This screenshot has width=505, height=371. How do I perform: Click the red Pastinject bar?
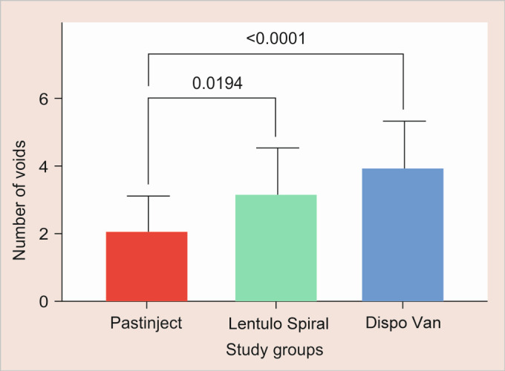146,266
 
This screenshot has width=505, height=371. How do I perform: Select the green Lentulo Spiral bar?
276,248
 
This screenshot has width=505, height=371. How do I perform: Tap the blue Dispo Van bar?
403,235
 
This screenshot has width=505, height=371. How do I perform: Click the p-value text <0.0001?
276,39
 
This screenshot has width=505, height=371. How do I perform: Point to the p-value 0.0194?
218,83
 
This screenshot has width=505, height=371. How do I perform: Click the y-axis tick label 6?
44,99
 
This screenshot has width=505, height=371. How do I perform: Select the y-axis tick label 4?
44,166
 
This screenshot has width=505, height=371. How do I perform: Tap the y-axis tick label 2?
44,234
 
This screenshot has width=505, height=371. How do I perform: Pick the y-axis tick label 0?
44,302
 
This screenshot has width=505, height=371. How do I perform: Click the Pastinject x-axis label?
146,323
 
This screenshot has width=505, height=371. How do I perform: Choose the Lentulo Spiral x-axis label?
278,324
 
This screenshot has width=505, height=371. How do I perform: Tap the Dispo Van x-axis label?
403,323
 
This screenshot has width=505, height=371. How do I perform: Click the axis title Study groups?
275,349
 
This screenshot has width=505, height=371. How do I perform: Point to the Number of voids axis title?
19,200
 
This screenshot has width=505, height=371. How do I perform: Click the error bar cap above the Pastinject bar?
149,196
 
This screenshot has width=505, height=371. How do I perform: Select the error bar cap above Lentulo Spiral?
278,148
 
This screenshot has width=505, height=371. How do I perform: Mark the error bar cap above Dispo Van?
405,121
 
